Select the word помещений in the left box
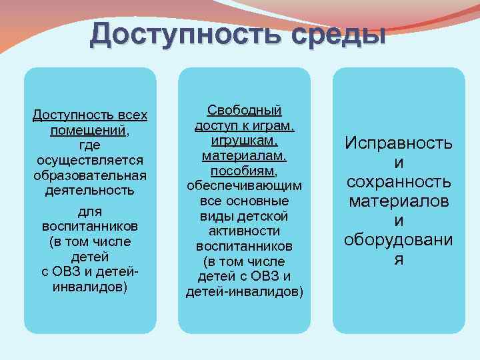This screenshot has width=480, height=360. click(89, 130)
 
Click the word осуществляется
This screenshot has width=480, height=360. click(90, 160)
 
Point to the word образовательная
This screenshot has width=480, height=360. click(90, 175)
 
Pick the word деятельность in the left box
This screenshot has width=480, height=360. click(90, 191)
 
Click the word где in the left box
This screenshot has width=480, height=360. click(90, 145)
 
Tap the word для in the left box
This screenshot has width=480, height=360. click(90, 211)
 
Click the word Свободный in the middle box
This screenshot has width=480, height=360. click(245, 110)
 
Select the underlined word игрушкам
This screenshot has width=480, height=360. click(244, 141)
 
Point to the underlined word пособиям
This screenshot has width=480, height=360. click(244, 171)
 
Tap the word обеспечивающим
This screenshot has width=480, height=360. click(245, 186)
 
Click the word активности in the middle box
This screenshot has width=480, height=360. click(245, 231)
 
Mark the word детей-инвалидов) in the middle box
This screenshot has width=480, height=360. click(245, 291)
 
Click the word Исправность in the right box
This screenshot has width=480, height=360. click(399, 143)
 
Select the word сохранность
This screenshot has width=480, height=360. click(399, 182)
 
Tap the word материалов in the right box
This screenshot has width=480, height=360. click(399, 201)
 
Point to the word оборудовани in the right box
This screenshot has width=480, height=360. click(399, 240)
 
